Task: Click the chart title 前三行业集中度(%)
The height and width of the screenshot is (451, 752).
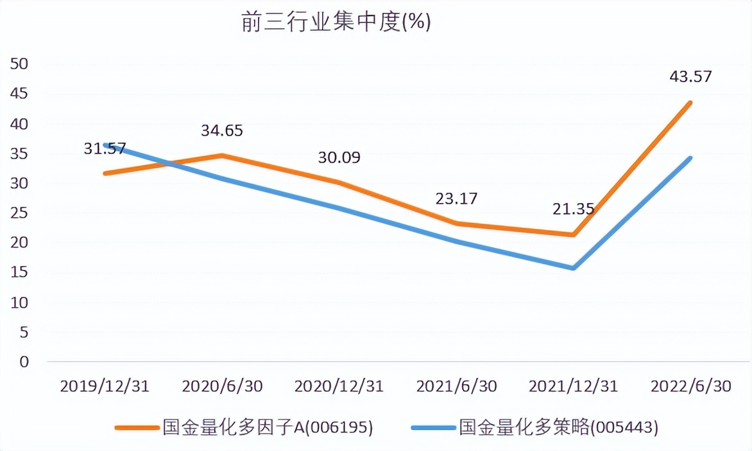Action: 336,22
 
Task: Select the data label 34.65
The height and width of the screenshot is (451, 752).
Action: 222,130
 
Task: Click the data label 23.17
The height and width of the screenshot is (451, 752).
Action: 456,198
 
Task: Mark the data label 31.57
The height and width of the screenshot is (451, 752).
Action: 105,148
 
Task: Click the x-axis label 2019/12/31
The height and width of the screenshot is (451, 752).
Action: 105,386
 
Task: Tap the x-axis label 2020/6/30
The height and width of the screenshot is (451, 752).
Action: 222,386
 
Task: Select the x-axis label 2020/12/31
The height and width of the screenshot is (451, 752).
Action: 339,386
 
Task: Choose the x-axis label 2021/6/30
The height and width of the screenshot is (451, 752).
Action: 456,386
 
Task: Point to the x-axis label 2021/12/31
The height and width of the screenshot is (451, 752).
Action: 573,386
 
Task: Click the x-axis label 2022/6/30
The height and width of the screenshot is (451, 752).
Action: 690,386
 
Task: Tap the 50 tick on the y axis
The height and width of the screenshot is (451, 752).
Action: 21,64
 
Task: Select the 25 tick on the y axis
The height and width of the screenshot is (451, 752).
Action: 21,213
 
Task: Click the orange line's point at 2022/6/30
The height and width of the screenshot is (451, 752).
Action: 690,103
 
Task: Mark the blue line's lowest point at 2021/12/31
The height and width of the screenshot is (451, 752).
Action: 573,268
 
